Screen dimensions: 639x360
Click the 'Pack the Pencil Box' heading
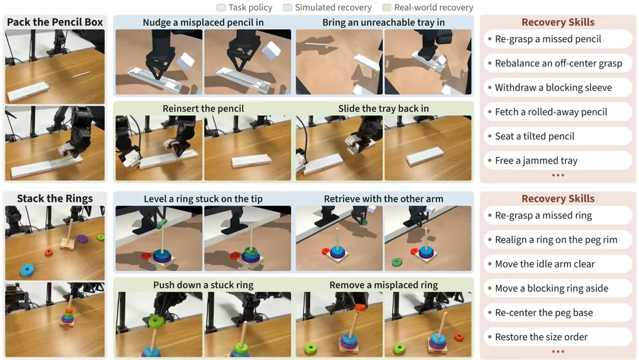point(55,22)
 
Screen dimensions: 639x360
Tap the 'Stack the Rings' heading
point(55,198)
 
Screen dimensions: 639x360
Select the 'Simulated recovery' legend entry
point(327,7)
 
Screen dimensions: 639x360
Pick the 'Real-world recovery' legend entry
point(428,7)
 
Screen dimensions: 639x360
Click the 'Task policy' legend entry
point(244,7)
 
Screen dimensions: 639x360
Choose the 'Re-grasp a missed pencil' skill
point(548,39)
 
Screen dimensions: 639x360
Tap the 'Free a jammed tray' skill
point(536,160)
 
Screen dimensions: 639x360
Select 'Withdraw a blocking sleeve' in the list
point(553,88)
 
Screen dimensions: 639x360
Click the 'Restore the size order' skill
point(541,337)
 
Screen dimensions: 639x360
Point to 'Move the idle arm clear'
point(545,264)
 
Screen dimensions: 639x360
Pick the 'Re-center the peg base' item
point(544,313)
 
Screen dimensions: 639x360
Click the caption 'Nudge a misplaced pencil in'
point(203,23)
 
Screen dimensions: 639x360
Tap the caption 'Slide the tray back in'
point(383,108)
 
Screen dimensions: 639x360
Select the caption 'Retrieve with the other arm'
point(383,199)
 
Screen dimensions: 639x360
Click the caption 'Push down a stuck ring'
point(204,285)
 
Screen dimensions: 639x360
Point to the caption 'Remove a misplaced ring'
point(383,285)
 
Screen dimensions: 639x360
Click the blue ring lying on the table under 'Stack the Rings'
point(27,270)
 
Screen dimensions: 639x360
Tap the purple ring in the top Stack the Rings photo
point(82,239)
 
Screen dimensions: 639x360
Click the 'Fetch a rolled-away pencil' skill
point(551,112)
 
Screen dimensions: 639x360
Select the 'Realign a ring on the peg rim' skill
point(556,240)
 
